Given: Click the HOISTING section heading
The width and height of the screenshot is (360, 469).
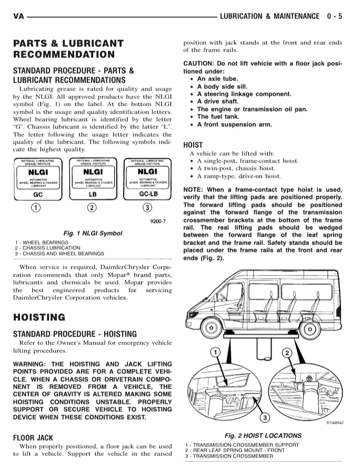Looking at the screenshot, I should (39, 318).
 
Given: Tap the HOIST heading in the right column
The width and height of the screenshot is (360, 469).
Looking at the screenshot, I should (193, 145).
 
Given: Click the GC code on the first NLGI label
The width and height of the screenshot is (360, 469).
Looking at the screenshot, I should (37, 193).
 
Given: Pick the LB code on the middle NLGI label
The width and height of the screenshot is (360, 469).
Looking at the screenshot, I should (92, 193).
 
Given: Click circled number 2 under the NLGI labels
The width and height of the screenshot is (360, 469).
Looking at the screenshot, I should (92, 207).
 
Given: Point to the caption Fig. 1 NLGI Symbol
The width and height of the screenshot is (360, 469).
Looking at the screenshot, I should (92, 233).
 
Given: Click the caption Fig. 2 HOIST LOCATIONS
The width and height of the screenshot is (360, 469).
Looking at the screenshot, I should (263, 436).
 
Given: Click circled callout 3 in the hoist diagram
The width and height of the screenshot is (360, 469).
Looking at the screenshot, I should (265, 417).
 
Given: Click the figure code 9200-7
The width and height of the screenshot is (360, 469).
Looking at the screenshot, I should (157, 221).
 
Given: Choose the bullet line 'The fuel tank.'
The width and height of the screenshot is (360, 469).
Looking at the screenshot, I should (218, 117).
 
